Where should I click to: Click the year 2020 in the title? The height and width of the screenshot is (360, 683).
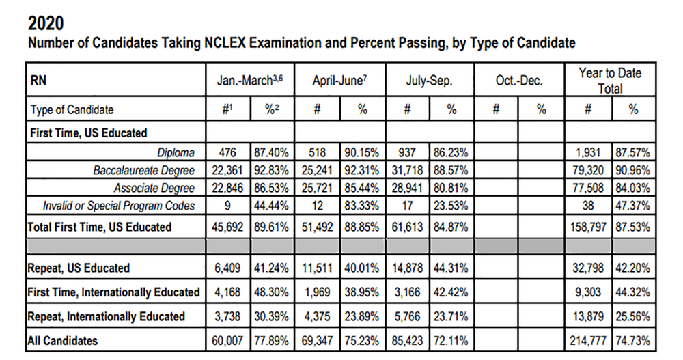pos(46,22)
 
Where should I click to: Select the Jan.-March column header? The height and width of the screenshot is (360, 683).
pos(249,81)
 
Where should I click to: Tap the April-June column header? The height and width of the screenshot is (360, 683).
pos(339,81)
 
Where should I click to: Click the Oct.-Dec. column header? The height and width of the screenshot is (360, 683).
pos(518,81)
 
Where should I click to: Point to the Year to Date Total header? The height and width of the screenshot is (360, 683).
pos(609,81)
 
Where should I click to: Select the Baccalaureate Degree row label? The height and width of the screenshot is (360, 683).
pos(144,171)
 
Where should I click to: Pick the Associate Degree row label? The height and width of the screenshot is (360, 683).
pos(154,188)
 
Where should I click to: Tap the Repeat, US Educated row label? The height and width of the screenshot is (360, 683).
pos(79,268)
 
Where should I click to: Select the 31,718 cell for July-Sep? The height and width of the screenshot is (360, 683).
pos(408,171)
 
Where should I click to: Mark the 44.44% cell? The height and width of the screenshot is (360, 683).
pos(272,206)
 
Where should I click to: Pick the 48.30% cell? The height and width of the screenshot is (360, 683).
pos(272,292)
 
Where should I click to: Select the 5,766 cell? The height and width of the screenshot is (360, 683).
pos(408,316)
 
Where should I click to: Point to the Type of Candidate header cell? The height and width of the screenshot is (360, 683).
pos(72,109)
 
